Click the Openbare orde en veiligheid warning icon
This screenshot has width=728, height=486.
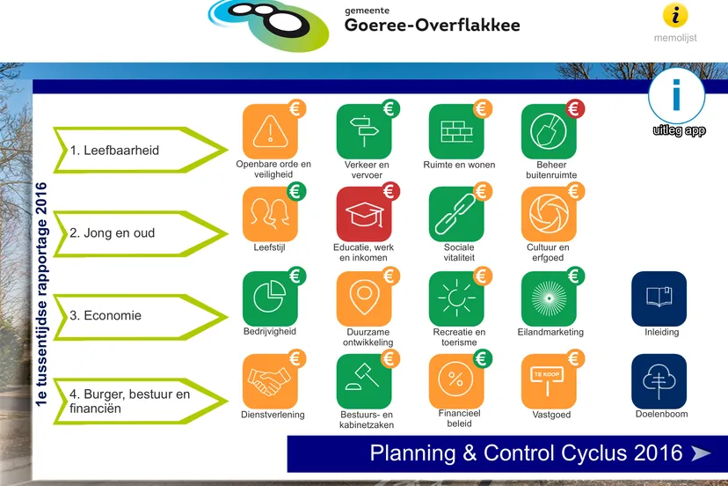tap(269, 131)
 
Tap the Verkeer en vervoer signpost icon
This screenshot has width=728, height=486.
tap(363, 131)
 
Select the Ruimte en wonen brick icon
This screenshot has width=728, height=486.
tap(455, 131)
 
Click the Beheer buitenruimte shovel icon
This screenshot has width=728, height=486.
tap(548, 131)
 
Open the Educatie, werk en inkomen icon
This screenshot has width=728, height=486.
tap(363, 214)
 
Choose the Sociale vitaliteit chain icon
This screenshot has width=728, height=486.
tap(455, 214)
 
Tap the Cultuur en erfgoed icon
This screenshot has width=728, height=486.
tap(548, 214)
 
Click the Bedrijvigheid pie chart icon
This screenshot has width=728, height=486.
tap(269, 298)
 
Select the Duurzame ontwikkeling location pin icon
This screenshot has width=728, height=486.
tap(363, 298)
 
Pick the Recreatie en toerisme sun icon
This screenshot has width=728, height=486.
tap(455, 298)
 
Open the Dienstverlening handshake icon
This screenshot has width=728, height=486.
tap(269, 381)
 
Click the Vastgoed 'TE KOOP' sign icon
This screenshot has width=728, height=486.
tap(548, 381)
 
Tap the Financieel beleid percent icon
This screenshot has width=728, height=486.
tap(455, 381)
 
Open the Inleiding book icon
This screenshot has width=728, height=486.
tap(659, 298)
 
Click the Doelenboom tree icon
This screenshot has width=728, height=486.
tap(659, 381)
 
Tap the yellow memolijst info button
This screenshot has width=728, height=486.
tap(675, 15)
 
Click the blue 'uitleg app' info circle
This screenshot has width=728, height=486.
tap(676, 96)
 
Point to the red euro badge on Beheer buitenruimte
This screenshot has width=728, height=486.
tap(575, 109)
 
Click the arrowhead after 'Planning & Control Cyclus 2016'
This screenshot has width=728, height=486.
tap(701, 453)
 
